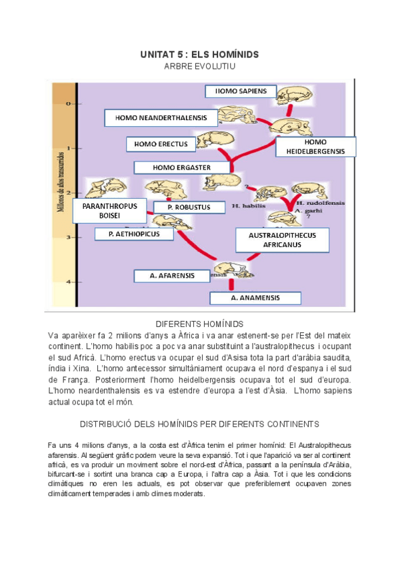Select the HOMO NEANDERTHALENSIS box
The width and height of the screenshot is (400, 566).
[161, 118]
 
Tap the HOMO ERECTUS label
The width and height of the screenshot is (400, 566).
[161, 144]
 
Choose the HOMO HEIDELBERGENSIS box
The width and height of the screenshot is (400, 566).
[315, 147]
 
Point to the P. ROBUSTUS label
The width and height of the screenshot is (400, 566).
[189, 207]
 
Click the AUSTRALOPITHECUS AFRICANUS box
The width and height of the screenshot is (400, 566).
[282, 240]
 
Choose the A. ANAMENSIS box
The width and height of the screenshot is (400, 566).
[255, 298]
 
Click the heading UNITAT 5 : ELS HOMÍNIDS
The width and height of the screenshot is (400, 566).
[199, 53]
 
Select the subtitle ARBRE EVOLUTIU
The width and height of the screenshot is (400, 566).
[199, 66]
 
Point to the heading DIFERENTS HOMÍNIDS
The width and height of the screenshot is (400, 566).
[199, 322]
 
